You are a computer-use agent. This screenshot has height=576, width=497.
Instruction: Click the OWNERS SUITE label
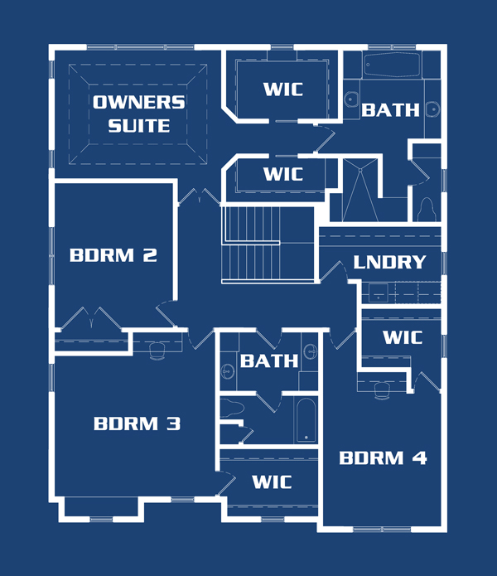point(139,114)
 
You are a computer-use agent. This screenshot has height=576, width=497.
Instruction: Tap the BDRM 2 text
point(113,255)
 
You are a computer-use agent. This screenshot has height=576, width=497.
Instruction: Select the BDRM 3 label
point(138,424)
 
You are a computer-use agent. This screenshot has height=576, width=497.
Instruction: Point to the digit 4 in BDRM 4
point(419,458)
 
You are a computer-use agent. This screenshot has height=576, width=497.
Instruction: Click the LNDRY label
point(389,262)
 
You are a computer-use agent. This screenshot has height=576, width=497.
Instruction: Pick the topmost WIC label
point(283,90)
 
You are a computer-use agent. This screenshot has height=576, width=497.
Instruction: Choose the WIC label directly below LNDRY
point(403,337)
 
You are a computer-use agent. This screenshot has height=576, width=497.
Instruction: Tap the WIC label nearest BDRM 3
point(272,482)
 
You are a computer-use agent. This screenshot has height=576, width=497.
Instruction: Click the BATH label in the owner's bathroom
point(390,110)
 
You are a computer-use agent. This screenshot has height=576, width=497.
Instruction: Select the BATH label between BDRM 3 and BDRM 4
point(269,361)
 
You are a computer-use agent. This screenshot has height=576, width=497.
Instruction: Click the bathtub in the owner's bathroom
point(393,65)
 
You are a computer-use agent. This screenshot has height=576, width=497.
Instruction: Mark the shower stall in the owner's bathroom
point(360,190)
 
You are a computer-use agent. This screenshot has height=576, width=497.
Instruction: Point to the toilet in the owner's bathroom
point(427,210)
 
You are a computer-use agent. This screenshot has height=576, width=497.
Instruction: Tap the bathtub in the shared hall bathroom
point(306,421)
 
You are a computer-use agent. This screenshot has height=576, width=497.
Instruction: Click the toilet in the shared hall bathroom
point(232,408)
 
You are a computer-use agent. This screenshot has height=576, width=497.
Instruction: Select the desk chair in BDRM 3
point(157,351)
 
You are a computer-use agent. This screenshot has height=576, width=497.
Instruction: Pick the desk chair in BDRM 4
point(382,390)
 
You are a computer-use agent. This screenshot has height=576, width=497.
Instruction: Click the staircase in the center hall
point(268,244)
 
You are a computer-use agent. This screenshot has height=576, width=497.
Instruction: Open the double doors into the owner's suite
point(200,196)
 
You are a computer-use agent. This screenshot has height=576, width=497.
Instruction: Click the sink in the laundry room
point(379,293)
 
